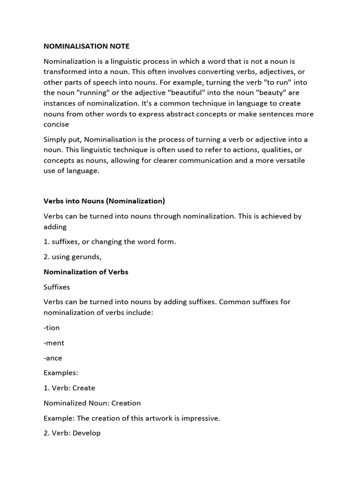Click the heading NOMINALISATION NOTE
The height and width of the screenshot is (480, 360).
[86, 46]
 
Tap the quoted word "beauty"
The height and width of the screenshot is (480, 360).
[275, 93]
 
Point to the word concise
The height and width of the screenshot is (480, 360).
[56, 124]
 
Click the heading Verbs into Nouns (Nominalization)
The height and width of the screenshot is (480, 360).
[104, 201]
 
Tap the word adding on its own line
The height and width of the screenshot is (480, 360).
[55, 226]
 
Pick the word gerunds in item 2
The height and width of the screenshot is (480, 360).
[86, 256]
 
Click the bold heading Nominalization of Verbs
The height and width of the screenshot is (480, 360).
[86, 271]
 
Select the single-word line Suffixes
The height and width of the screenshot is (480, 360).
[57, 286]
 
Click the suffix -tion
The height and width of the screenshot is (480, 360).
[52, 328]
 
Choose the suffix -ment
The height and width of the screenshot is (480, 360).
[54, 343]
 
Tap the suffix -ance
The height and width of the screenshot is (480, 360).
[53, 358]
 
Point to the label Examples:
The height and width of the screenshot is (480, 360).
[61, 373]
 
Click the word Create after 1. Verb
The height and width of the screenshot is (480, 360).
[84, 388]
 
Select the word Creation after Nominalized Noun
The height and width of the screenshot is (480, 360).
[126, 403]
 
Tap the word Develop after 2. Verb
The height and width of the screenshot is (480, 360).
[86, 433]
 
